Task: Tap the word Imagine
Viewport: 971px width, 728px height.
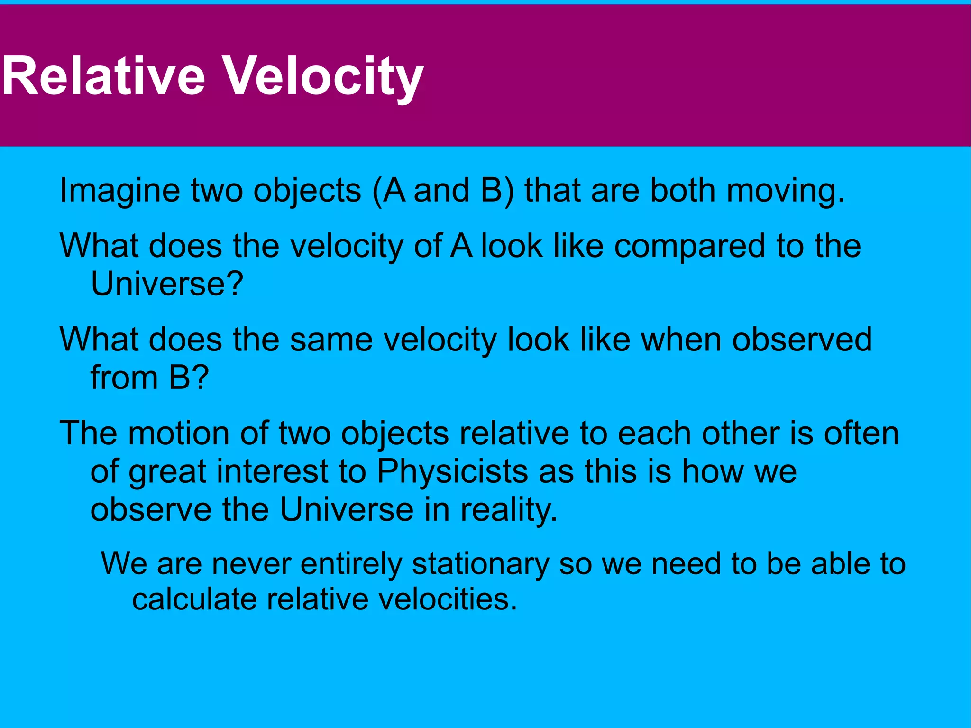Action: pos(119,191)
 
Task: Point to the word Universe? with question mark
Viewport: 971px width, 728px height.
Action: pos(167,284)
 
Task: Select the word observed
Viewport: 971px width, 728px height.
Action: pos(802,340)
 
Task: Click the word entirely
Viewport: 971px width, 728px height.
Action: pos(351,564)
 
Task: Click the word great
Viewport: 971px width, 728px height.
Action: pos(167,472)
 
